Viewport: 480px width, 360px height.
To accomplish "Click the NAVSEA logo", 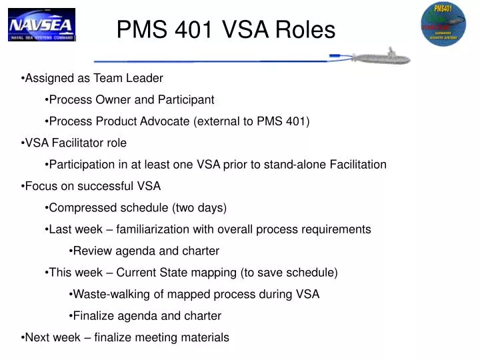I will click(x=41, y=25).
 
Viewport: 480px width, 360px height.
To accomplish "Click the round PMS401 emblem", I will click(x=443, y=25).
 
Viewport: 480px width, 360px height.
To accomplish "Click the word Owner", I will click(x=110, y=100).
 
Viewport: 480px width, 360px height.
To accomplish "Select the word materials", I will click(x=205, y=337).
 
